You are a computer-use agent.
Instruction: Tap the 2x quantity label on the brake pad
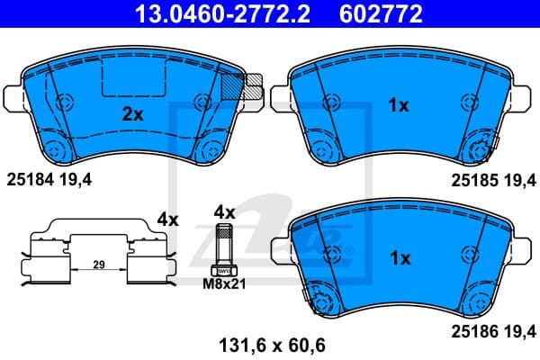tap(133, 114)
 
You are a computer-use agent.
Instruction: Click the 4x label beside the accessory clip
tap(167, 218)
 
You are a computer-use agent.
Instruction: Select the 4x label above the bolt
tap(223, 212)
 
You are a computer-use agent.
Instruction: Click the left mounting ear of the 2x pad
tap(13, 94)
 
